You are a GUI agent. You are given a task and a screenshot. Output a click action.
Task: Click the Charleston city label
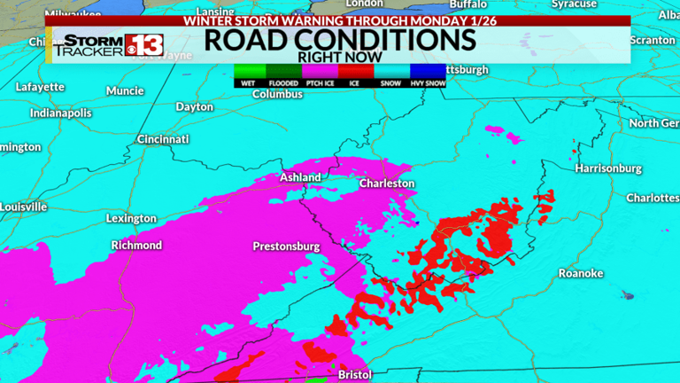pos(387,184)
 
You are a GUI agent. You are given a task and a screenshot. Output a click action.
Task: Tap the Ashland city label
pos(300,177)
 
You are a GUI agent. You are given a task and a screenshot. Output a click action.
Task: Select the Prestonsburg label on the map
pos(286,246)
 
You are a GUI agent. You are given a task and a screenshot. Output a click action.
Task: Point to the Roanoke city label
pos(581,273)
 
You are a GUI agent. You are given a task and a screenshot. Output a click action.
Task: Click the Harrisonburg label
pos(607,168)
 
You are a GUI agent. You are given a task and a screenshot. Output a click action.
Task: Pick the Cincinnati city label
pos(163,139)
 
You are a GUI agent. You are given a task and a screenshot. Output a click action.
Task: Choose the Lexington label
pos(131,218)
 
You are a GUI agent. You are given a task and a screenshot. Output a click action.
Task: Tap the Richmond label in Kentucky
pos(136,245)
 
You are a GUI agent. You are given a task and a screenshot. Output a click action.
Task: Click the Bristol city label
pos(356,375)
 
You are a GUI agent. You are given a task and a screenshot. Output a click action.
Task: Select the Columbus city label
pos(277,94)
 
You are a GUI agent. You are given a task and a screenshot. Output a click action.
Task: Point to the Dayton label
pos(195,106)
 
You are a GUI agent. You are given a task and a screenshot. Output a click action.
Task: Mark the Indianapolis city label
pos(60,113)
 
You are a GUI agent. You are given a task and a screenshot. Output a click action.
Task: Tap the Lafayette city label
pos(40,87)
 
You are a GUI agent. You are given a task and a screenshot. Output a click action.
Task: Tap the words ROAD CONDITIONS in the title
pos(340,39)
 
